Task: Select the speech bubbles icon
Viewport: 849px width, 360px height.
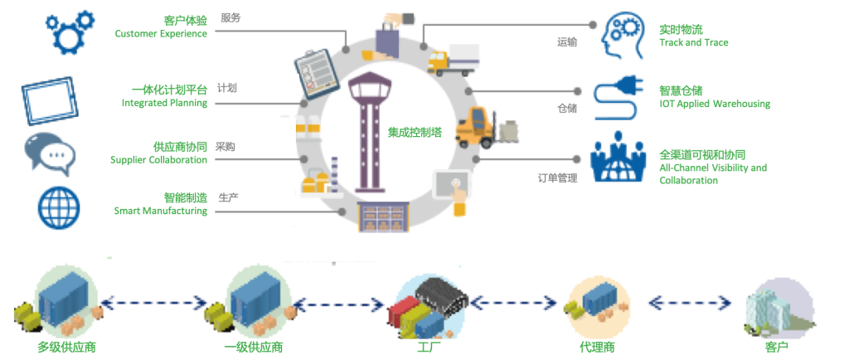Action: [51, 153]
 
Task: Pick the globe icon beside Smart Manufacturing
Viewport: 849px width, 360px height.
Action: [59, 206]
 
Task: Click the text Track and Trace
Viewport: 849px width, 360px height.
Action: [693, 42]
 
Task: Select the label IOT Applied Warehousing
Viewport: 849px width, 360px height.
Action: [714, 104]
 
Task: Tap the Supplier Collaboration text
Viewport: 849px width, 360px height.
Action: [158, 159]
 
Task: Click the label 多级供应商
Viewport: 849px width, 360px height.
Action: [66, 346]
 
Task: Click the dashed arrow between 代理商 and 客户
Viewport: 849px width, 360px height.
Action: [690, 300]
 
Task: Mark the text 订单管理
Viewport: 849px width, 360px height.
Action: [557, 177]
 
